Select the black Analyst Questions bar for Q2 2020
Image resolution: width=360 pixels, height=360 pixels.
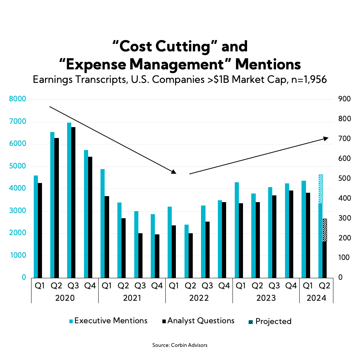[57, 208]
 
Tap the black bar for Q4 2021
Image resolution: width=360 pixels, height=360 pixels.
[157, 256]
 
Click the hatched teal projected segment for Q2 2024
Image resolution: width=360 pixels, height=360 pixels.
[321, 189]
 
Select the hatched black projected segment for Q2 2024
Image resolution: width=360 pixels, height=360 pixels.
[325, 230]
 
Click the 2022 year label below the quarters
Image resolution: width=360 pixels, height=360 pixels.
[199, 298]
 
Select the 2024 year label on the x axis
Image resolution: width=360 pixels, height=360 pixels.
[316, 298]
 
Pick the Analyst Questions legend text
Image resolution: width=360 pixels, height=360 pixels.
[201, 321]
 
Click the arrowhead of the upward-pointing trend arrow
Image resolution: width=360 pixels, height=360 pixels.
[326, 138]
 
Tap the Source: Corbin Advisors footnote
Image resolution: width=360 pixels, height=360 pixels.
[180, 345]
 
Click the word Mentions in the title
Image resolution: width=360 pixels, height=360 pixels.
[268, 64]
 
